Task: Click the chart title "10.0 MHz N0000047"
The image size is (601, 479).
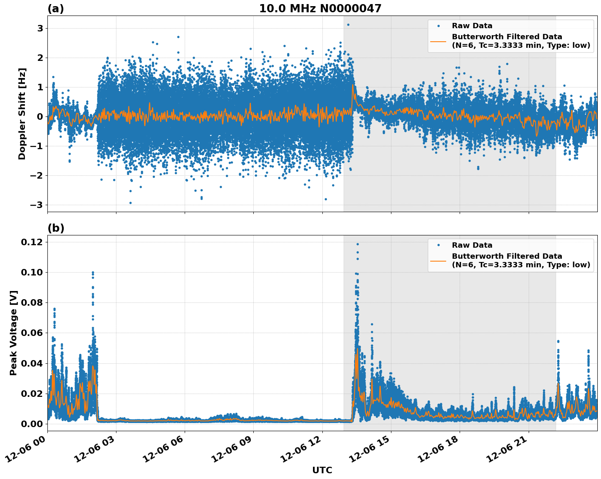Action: coord(320,9)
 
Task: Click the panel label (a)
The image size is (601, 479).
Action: coord(56,9)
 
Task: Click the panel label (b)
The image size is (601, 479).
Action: coord(56,228)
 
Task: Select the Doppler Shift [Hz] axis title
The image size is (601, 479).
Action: coord(22,114)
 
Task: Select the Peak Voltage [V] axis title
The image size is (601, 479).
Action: coord(13,333)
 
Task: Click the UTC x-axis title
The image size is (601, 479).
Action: coord(322,470)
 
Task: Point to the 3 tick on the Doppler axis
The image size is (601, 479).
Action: coord(40,28)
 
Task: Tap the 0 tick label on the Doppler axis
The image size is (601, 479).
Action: coord(40,116)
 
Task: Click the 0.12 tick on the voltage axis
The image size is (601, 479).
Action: coord(32,242)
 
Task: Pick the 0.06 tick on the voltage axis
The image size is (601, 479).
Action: coord(32,333)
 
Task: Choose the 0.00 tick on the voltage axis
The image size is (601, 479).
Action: coord(32,424)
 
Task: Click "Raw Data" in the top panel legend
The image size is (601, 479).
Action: coord(472,26)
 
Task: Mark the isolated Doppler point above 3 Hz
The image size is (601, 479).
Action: coord(348,25)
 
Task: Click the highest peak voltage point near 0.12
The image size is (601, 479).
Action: coord(357,244)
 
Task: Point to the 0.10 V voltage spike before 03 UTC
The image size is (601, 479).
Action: coord(93,273)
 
